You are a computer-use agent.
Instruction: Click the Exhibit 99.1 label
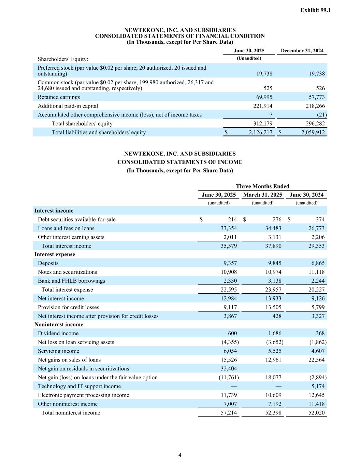315,10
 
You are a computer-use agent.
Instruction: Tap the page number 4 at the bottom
180,455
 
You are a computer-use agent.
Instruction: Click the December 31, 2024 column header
302,51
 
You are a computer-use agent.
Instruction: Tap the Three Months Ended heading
262,186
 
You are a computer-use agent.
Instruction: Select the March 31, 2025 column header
262,195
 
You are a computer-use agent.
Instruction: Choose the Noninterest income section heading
59,324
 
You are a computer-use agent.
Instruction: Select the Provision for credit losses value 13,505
273,307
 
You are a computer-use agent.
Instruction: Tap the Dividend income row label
58,333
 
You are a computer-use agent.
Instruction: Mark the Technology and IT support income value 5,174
318,386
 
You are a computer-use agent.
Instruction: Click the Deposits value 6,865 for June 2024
318,263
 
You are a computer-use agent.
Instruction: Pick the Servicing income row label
58,351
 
